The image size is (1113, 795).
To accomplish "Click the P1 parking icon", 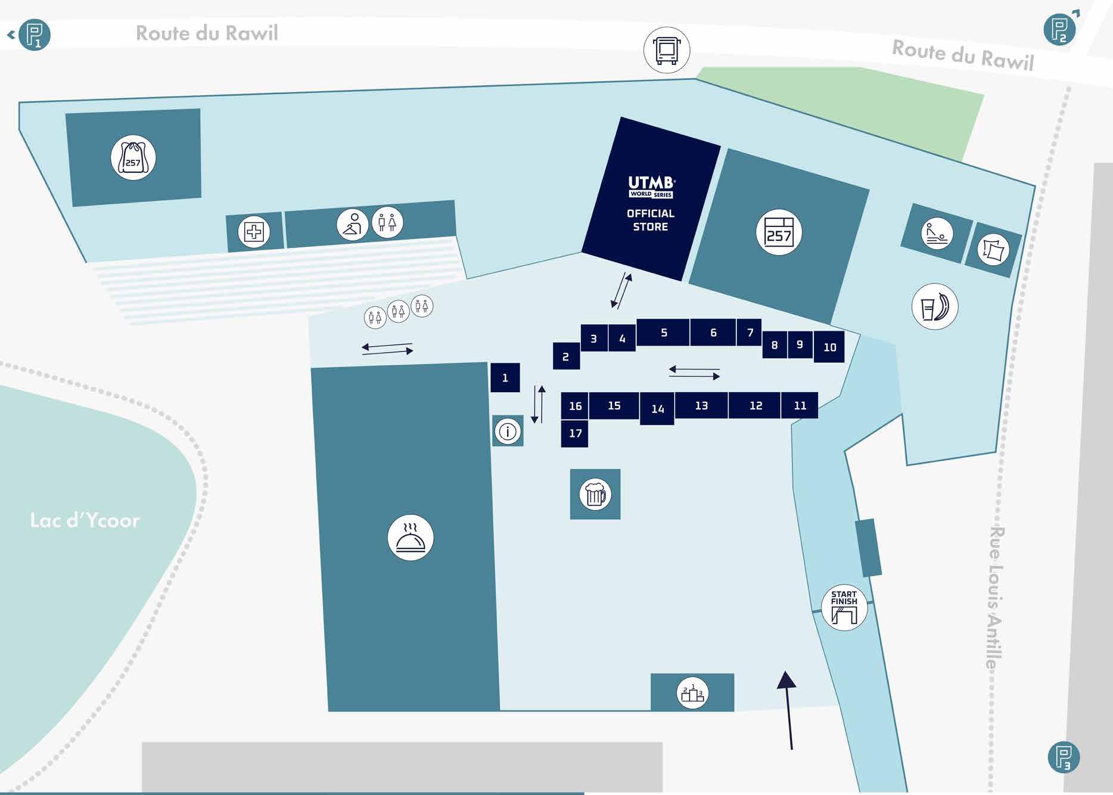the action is (34, 35).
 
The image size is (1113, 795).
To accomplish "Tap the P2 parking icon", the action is (1059, 29).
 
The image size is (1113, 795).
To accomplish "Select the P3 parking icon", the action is (1064, 757).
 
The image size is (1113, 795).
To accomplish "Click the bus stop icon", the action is (667, 50).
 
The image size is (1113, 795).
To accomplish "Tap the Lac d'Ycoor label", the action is (85, 520).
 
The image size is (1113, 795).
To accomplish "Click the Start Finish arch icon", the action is (844, 607).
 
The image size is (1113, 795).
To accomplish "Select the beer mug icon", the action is (595, 494).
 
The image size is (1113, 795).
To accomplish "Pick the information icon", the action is (508, 431).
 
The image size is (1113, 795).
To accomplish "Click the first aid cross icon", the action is (254, 232).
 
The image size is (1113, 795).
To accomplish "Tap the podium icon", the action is (692, 693).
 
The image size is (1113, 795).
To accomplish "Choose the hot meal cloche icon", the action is (411, 538).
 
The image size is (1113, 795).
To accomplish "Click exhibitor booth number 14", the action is (657, 409).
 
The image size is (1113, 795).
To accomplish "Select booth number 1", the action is (505, 378).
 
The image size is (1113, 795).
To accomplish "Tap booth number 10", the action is (829, 347).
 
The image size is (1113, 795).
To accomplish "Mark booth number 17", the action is (575, 433).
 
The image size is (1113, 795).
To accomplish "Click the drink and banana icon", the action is (935, 307).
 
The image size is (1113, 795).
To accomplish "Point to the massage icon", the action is (937, 233).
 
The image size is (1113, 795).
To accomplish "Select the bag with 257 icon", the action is (133, 158).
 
